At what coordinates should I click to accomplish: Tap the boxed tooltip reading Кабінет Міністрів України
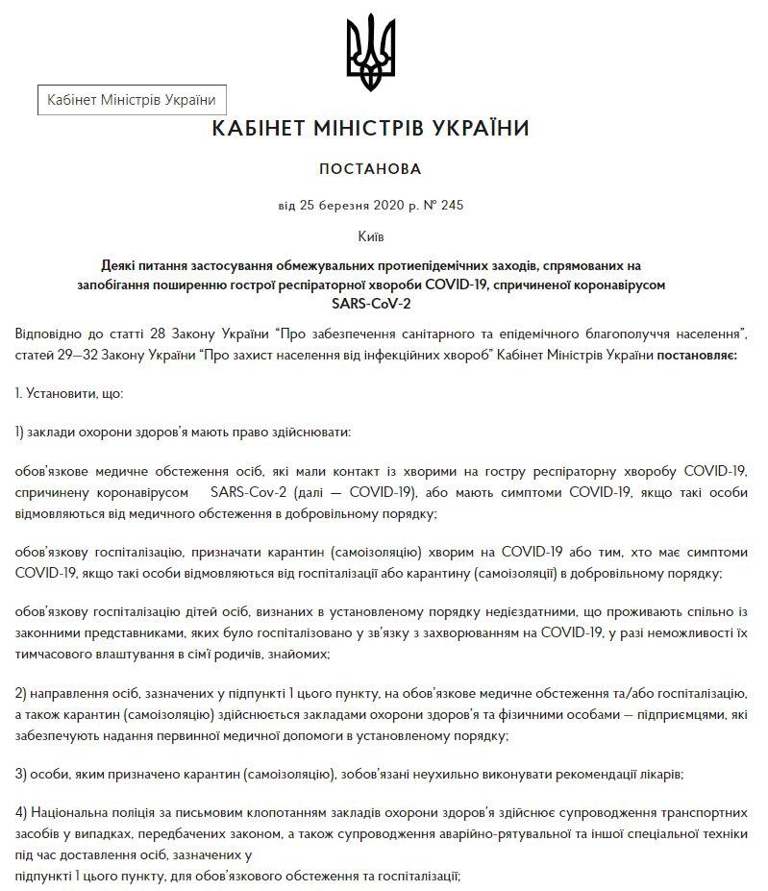[x=132, y=100]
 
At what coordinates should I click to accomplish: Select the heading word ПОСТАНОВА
[x=370, y=169]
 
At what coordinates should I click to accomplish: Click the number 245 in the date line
[x=451, y=205]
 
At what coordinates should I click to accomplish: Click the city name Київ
[x=370, y=235]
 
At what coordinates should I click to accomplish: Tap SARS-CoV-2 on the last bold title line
[x=370, y=303]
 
